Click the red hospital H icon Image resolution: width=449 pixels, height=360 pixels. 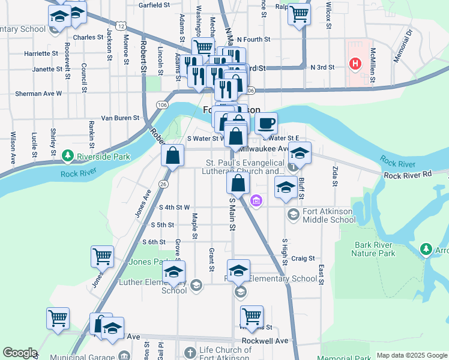coord(355,63)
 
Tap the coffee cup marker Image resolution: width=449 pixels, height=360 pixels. coord(266,124)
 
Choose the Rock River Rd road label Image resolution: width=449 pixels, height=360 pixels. coord(408,175)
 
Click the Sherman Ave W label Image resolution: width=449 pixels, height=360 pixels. coord(38,94)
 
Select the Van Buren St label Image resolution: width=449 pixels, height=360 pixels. coord(120,118)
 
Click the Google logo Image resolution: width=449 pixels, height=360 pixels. coord(20,353)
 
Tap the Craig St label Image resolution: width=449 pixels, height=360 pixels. coord(303,259)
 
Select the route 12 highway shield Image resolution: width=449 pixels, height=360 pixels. coord(121,26)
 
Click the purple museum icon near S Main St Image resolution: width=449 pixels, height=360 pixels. coord(256,200)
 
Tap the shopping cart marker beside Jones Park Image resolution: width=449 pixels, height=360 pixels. coord(102,257)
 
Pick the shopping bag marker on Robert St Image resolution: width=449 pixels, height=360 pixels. coord(172,156)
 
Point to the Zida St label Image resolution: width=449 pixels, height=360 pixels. coord(334,178)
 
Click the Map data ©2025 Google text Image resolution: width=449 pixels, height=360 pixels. coord(412,355)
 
